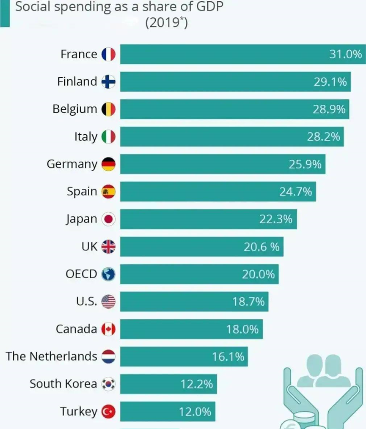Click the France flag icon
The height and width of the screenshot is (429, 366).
[108, 54]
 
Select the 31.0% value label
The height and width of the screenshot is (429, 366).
[346, 54]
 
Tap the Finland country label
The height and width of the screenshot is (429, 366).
[77, 81]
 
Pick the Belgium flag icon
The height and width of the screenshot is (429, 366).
[108, 109]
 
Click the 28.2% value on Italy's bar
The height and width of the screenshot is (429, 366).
[324, 136]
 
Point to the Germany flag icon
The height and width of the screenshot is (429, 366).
[108, 164]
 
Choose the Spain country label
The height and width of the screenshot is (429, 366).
[82, 191]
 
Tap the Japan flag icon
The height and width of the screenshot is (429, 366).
[108, 219]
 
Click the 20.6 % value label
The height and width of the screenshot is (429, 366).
[261, 247]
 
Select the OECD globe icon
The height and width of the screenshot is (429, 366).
[108, 274]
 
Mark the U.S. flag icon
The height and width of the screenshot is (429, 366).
[108, 301]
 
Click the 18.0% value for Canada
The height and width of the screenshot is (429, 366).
[242, 329]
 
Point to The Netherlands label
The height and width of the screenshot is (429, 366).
[51, 356]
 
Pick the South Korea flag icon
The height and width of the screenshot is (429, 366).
[108, 384]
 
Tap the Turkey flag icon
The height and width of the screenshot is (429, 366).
[108, 411]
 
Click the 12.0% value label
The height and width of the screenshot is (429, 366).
[195, 411]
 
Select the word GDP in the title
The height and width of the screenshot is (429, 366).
[206, 7]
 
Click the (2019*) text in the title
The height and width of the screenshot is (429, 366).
[166, 22]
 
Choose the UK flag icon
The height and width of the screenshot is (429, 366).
[108, 247]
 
